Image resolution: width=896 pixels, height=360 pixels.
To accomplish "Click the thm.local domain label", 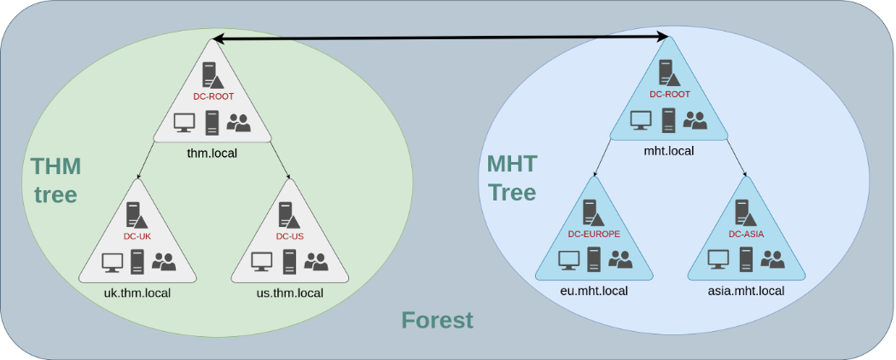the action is point(212,154).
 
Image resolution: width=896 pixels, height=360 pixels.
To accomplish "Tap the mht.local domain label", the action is point(668,151).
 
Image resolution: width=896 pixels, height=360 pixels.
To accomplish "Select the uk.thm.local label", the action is point(137,293).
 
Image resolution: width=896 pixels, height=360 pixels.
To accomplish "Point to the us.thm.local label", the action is point(290,293).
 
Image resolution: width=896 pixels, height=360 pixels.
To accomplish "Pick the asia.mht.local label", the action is point(746,291).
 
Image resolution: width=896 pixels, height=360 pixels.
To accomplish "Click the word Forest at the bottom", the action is point(437,321).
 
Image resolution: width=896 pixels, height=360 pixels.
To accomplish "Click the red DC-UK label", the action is point(137,236).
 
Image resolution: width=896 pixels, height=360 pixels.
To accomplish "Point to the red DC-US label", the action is point(290,236).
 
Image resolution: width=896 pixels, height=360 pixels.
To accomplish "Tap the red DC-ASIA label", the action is point(746,234).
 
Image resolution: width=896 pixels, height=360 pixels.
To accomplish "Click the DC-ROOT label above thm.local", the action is point(212,96).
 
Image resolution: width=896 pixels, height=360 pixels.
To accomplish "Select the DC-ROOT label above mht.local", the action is point(669,94).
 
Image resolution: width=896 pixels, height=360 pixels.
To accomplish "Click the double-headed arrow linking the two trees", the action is point(440,38).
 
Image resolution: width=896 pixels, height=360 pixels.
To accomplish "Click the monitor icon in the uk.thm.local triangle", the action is point(112,263).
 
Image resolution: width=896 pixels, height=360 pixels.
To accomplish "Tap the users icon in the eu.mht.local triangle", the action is point(620,259).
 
